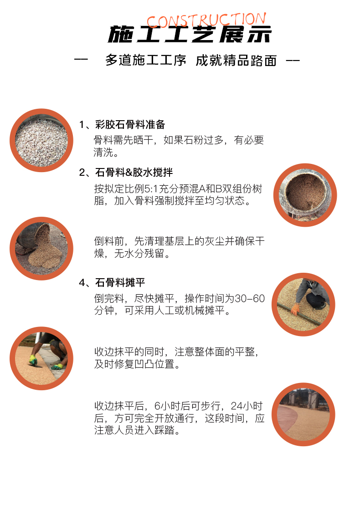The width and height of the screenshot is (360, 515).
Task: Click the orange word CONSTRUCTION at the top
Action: click(206, 20)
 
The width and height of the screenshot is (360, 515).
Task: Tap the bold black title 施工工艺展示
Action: click(190, 35)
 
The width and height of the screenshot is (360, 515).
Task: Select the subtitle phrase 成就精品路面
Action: click(236, 61)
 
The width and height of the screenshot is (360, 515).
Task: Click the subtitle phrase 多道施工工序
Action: click(146, 61)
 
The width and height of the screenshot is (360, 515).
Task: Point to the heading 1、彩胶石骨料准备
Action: click(122, 124)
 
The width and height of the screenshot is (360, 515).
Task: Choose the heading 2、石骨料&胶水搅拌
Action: click(126, 172)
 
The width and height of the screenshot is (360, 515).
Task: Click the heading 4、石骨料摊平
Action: click(112, 282)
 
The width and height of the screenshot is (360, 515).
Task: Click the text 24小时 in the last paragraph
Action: click(247, 406)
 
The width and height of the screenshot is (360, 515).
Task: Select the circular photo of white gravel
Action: click(41, 140)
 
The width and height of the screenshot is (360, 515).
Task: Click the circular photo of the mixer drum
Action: click(305, 195)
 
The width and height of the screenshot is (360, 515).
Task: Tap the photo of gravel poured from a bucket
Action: click(41, 248)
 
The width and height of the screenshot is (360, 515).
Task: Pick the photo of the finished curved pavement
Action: click(303, 414)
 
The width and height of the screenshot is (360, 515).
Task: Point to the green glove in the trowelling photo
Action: click(33, 359)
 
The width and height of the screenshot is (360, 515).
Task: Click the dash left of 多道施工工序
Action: click(81, 60)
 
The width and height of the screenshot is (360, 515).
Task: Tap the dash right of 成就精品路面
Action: click(293, 61)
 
